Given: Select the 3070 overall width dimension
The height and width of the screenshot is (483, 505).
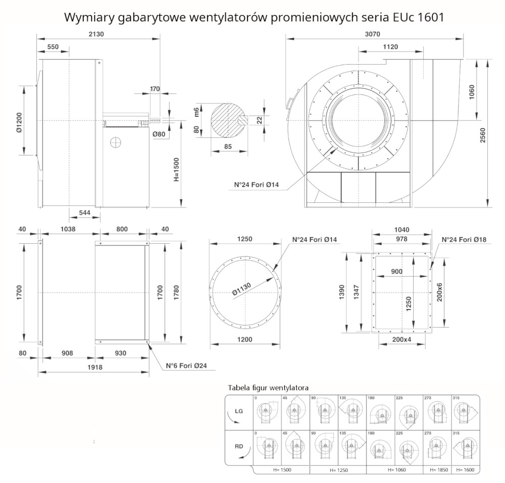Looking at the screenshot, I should [x=373, y=33].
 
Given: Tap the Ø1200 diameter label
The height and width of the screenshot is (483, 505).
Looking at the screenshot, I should [x=18, y=122].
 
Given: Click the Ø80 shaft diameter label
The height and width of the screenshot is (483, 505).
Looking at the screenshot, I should [x=159, y=134].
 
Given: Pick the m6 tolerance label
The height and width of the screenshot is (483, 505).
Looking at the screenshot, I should [x=197, y=111].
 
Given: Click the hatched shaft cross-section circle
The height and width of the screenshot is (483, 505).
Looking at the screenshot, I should [x=228, y=120].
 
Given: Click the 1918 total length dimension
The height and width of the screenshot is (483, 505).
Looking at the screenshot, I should [x=94, y=367].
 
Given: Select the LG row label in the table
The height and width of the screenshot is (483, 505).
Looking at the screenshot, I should [x=239, y=411].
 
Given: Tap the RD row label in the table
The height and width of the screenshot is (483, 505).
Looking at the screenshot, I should [x=239, y=446].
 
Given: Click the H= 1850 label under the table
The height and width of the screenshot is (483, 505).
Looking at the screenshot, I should [x=438, y=469].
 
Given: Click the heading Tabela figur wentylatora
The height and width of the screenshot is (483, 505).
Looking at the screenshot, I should [x=268, y=388].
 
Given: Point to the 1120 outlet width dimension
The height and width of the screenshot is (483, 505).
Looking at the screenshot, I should [x=390, y=47].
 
